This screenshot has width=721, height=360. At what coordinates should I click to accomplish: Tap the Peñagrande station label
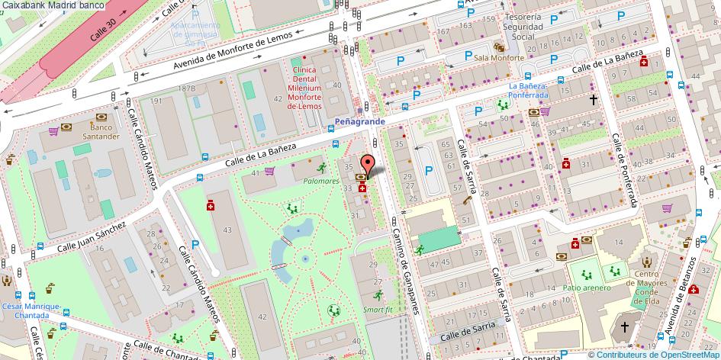pyautogui.click(x=360, y=121)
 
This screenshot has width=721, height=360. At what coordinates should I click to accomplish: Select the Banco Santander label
pyautogui.click(x=105, y=132)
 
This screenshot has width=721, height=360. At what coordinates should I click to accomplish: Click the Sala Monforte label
pyautogui.click(x=499, y=58)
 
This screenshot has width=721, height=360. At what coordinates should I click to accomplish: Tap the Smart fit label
pyautogui.click(x=378, y=310)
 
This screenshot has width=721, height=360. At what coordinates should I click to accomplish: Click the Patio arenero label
pyautogui.click(x=587, y=288)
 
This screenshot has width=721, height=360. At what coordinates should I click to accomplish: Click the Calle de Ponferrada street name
pyautogui.click(x=624, y=169)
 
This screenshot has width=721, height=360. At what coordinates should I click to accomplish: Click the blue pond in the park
pyautogui.click(x=297, y=230)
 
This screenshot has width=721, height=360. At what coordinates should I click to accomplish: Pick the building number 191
pyautogui.click(x=156, y=101)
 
